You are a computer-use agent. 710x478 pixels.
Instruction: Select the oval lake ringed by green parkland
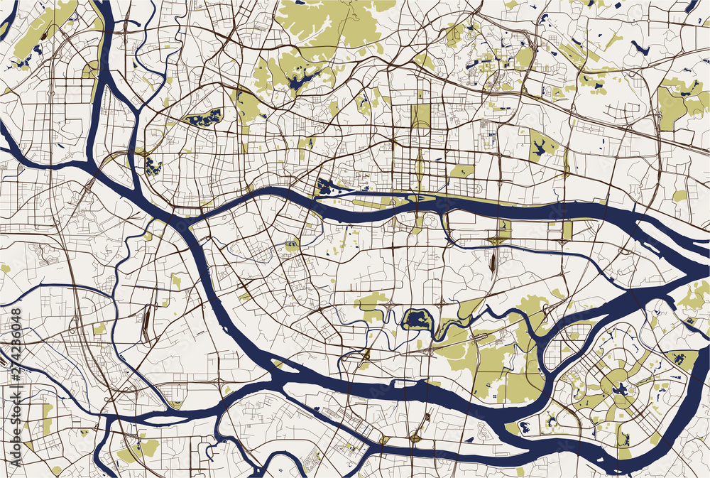click(417, 320)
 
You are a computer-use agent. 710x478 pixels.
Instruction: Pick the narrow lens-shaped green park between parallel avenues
click(420, 168)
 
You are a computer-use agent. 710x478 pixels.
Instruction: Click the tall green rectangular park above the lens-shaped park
click(420, 117)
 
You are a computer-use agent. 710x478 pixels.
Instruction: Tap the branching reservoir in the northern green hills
click(303, 79)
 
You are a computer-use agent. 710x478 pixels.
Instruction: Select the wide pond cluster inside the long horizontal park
click(204, 119)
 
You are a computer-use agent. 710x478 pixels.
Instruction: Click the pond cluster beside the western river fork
click(151, 167)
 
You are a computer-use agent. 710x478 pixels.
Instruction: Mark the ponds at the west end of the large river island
click(327, 188)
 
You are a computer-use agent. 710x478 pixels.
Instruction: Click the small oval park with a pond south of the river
click(291, 245)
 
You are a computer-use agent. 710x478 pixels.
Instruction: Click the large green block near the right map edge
click(674, 99)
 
